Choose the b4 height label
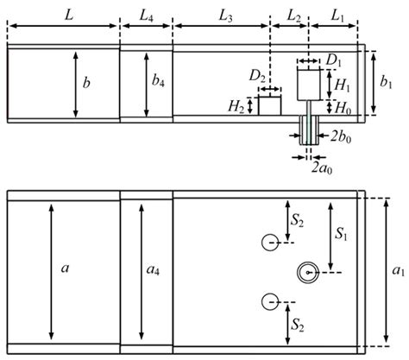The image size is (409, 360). pyautogui.click(x=156, y=84)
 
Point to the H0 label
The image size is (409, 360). pyautogui.click(x=342, y=108)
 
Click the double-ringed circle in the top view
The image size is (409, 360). pyautogui.click(x=308, y=272)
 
